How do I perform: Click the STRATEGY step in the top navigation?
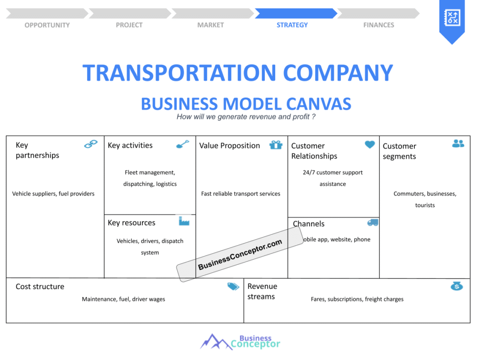[x=292, y=25]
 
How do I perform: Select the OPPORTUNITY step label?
[x=47, y=25]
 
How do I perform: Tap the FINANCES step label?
[x=379, y=25]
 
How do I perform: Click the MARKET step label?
[x=210, y=25]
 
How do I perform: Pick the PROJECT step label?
[x=129, y=25]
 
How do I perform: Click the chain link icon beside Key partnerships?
[x=90, y=144]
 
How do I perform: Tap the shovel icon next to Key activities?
[x=182, y=144]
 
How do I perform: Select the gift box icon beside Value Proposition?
[x=276, y=145]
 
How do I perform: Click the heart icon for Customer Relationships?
[x=370, y=145]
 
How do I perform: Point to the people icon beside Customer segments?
[x=458, y=143]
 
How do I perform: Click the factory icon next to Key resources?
[x=184, y=221]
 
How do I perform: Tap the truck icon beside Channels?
[x=373, y=223]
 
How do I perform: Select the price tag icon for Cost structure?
[x=233, y=286]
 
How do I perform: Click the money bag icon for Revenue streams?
[x=457, y=286]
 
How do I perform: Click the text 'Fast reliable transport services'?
[x=240, y=194]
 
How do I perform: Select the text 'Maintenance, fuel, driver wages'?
[x=123, y=299]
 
